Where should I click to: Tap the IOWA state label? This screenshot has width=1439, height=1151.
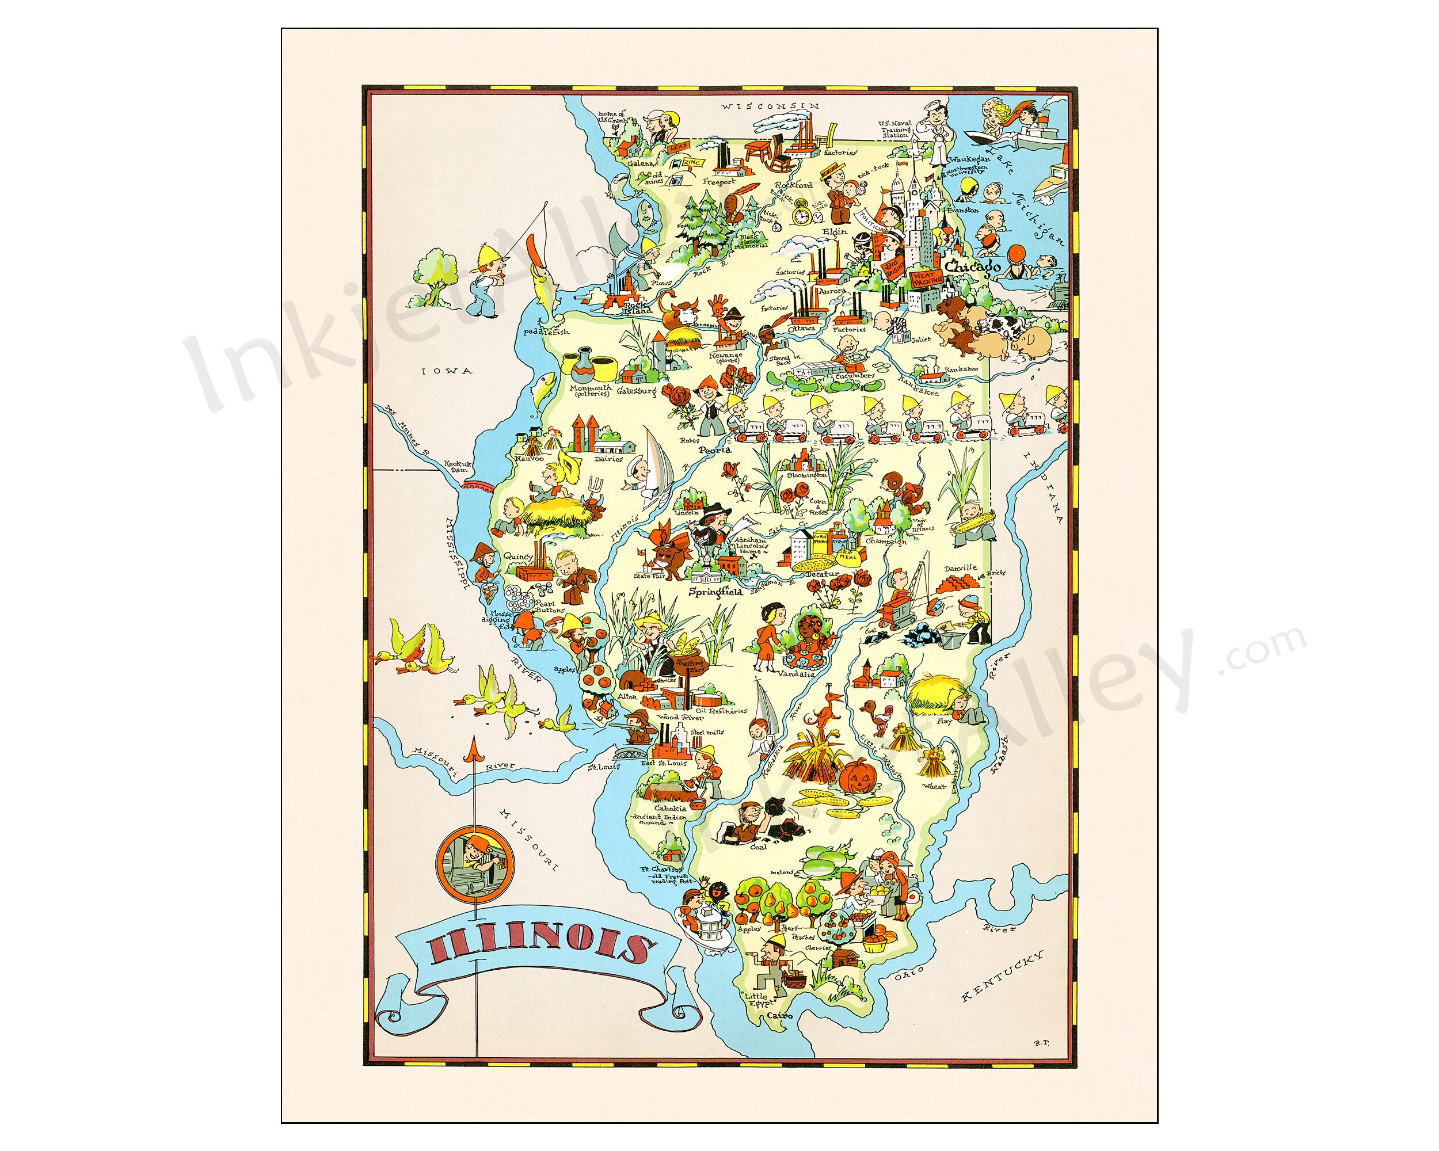click(x=449, y=371)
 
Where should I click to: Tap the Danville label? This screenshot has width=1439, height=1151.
click(x=960, y=568)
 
